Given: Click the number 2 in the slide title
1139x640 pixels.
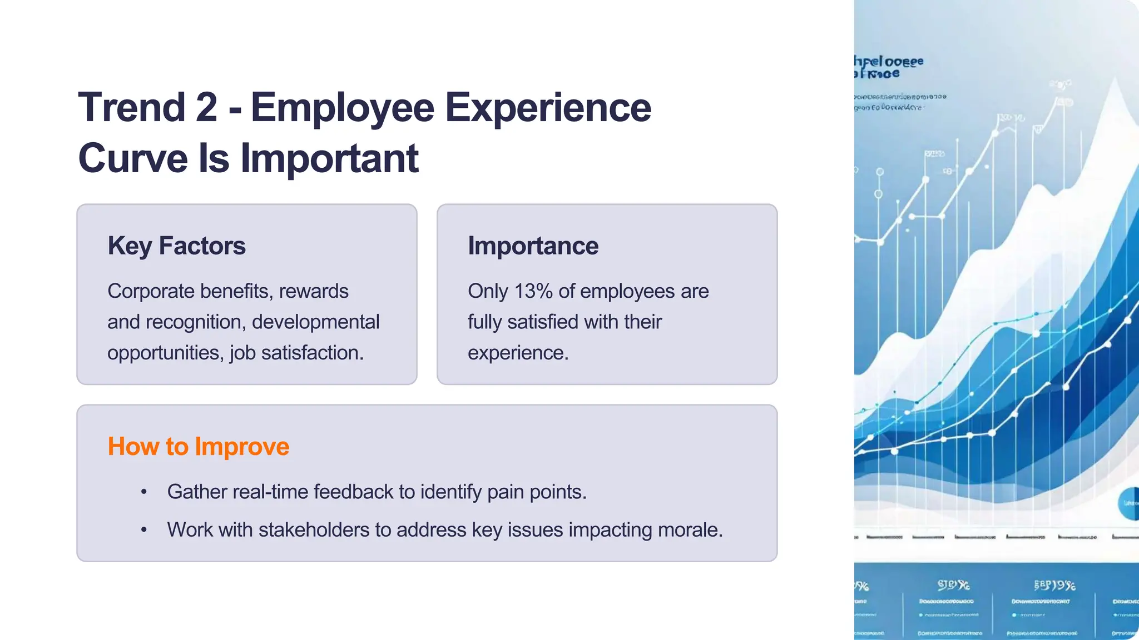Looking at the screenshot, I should pos(206,107).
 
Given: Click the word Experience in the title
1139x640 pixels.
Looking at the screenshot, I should pos(548,107).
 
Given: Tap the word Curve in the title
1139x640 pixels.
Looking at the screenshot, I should pos(133,158).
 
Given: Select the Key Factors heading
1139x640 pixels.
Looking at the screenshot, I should pos(176,246).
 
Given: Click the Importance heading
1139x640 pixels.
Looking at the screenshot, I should pos(533,246).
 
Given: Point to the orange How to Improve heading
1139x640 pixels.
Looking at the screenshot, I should pos(198,447).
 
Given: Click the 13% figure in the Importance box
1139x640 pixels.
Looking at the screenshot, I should pos(533,291).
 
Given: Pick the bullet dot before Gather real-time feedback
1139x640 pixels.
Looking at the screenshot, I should pos(144,492).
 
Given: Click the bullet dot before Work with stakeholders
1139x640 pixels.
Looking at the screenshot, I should pos(144,530).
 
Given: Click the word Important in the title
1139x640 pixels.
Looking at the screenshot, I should pos(329,158).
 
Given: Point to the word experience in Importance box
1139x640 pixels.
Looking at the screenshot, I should pos(517,353).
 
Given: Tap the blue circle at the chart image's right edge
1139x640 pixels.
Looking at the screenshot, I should pos(1128,503).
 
